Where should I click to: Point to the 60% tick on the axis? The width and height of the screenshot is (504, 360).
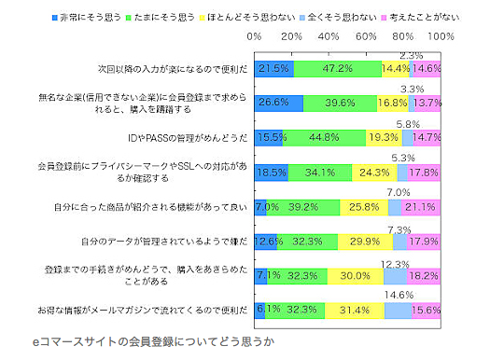(366, 36)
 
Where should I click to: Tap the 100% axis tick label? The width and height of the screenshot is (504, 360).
(440, 36)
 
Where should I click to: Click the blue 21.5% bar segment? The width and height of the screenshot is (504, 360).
(274, 69)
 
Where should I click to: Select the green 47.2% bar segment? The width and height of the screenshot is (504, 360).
(338, 69)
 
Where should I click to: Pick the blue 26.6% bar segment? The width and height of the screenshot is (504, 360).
(279, 103)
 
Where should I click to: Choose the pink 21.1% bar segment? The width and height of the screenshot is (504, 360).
(421, 206)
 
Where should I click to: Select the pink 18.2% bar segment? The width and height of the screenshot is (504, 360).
(424, 276)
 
